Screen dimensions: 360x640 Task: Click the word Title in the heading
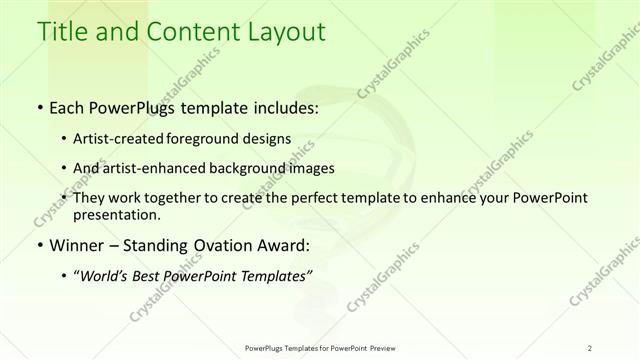(x=59, y=32)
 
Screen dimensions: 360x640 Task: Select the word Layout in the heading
(x=288, y=32)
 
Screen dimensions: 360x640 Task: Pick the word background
(x=245, y=169)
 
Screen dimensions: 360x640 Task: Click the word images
(x=309, y=169)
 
